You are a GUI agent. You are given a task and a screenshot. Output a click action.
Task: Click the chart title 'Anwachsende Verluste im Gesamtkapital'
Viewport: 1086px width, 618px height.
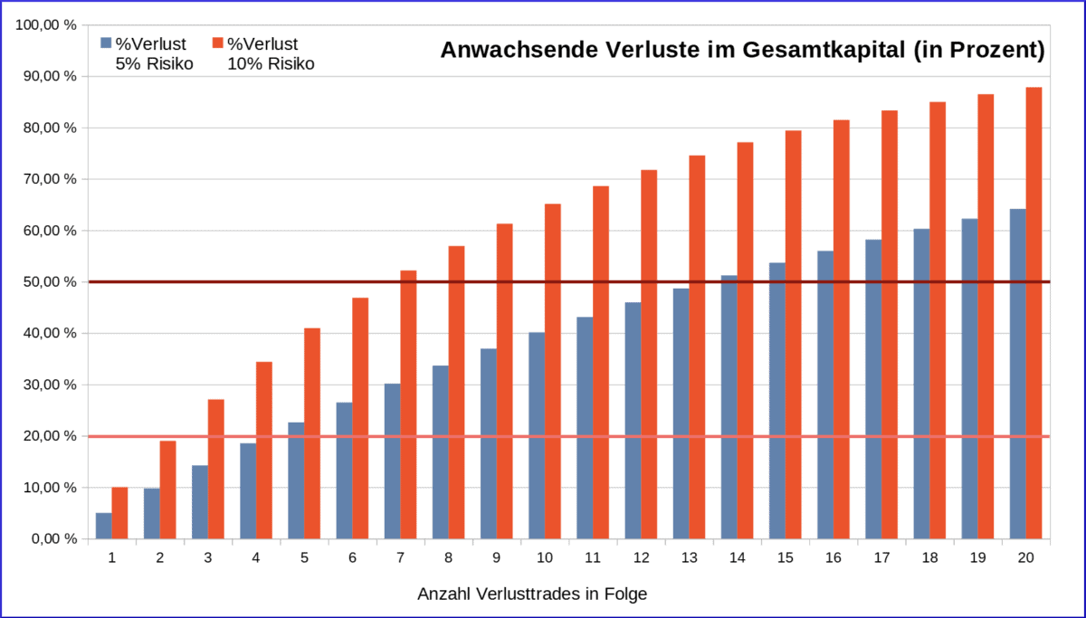point(742,51)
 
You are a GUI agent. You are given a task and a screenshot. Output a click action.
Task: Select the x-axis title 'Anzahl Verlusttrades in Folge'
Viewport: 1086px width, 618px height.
point(532,594)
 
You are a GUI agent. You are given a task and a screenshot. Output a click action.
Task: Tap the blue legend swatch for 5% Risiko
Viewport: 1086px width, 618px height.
point(105,43)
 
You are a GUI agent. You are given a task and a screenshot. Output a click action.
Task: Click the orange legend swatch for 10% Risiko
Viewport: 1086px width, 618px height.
point(217,43)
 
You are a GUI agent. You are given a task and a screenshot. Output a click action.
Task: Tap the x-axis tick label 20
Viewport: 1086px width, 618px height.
point(1026,558)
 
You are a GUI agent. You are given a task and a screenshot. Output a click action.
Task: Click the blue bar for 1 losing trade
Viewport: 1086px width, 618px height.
point(104,526)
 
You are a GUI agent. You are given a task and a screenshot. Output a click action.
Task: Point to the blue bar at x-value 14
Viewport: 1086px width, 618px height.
point(729,407)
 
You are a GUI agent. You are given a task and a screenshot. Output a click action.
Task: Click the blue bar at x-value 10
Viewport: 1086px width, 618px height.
point(537,435)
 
